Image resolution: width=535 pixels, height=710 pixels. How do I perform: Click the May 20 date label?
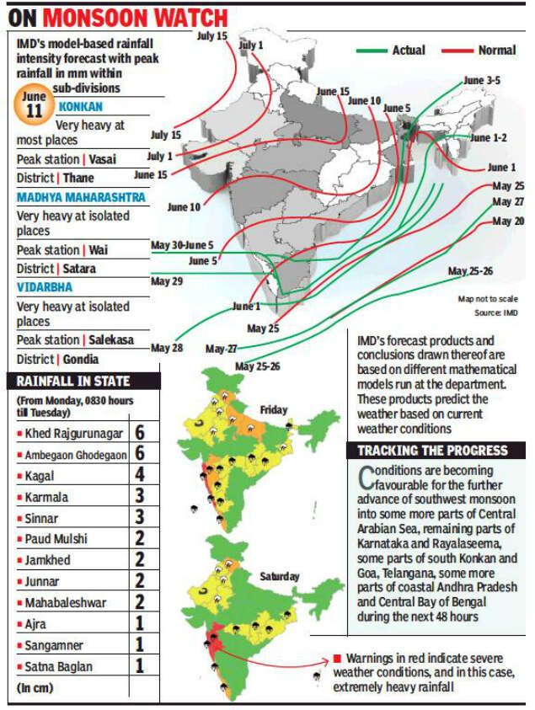[507, 221]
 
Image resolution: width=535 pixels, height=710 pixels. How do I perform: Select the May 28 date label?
[167, 347]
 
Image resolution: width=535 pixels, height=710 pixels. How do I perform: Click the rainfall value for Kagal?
[140, 476]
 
